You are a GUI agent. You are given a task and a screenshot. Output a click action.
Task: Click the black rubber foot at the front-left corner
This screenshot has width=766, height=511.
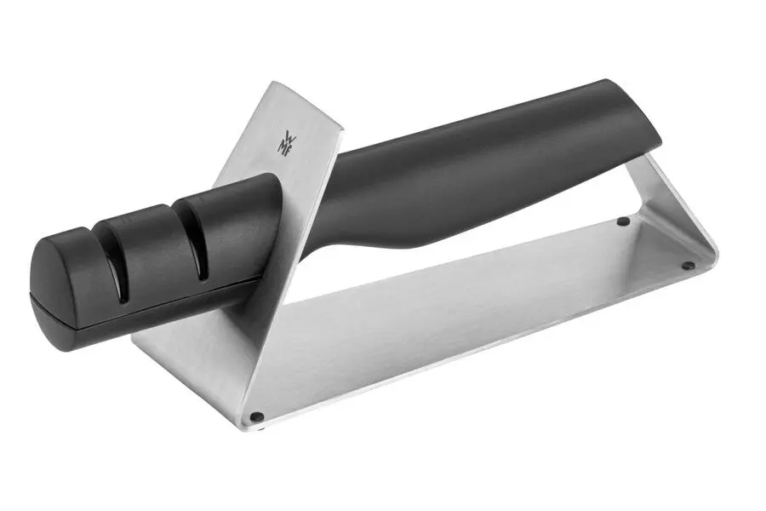256,417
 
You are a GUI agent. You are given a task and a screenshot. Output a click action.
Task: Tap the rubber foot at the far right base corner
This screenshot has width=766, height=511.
688,265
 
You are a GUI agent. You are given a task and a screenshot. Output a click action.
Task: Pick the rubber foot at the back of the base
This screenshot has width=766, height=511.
623,221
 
